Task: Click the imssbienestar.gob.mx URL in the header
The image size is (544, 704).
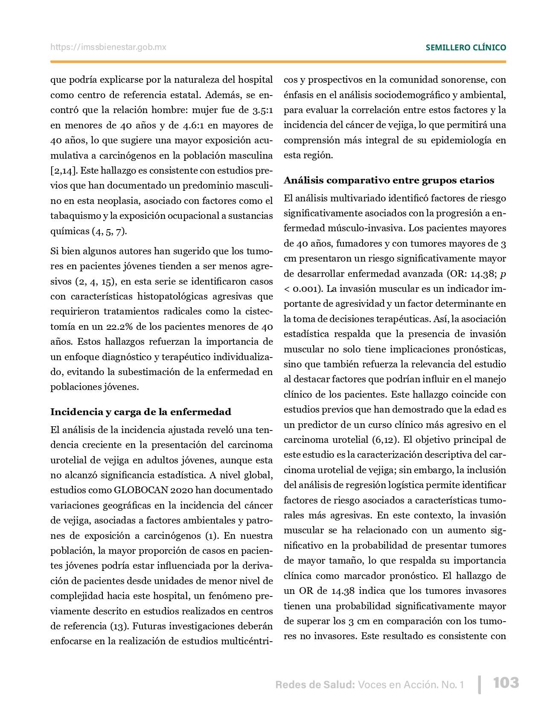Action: point(108,47)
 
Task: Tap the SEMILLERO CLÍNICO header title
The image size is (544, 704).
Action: point(465,48)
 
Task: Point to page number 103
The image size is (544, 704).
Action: point(506,683)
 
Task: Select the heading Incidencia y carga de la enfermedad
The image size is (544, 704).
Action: point(141,412)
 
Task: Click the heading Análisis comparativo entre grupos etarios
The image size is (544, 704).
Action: point(389,180)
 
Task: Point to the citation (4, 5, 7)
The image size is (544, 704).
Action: point(109,231)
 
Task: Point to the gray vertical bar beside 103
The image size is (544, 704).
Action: point(480,684)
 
